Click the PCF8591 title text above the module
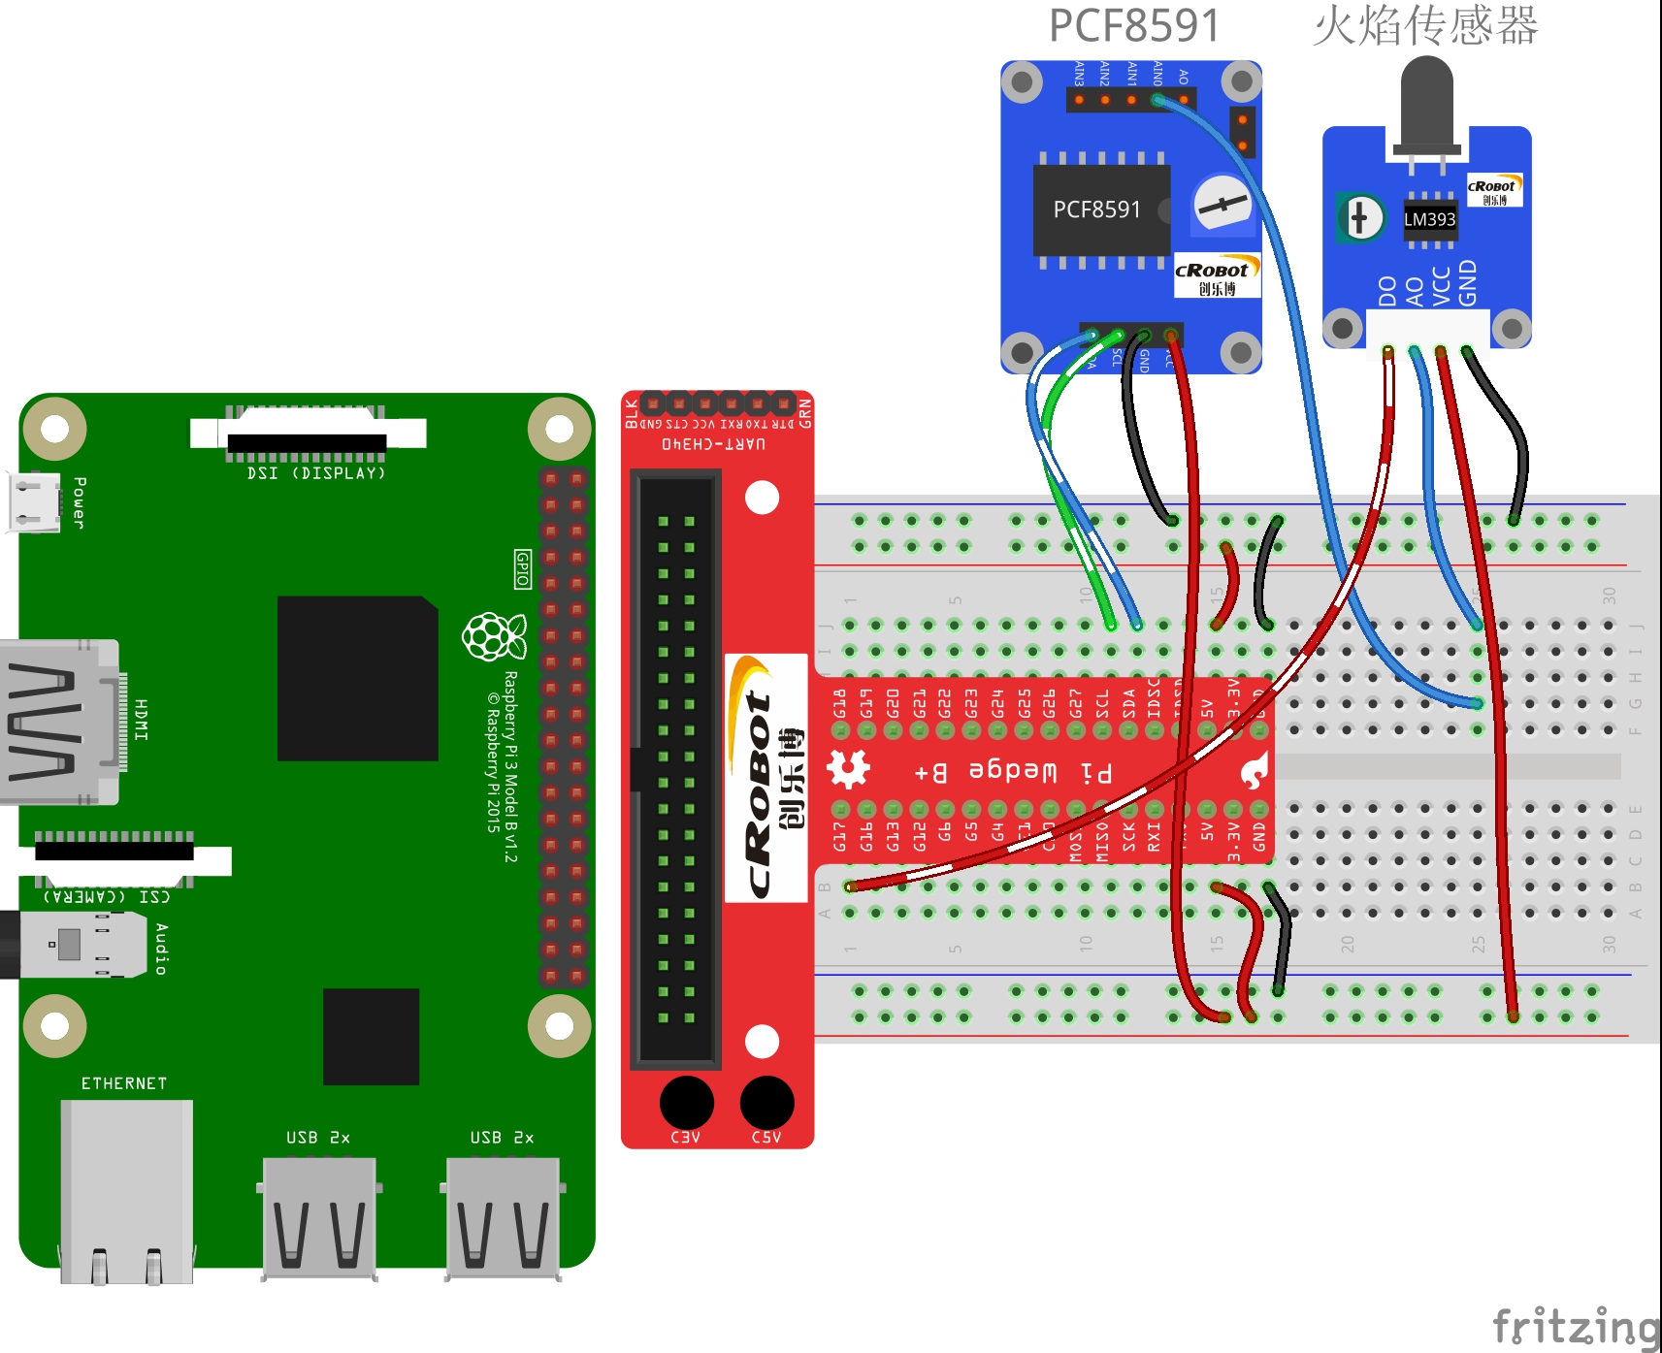[x=1133, y=26]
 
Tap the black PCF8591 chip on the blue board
[x=1100, y=209]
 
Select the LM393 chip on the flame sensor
[x=1429, y=219]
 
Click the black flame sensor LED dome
[x=1426, y=97]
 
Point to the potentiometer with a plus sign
[x=1359, y=217]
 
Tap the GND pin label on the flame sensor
[x=1467, y=282]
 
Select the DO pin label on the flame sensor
[x=1387, y=290]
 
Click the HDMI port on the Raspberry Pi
[x=58, y=722]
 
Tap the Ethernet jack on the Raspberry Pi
[x=126, y=1188]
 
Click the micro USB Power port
[x=33, y=501]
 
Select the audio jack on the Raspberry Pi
[x=68, y=944]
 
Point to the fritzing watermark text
[x=1575, y=1326]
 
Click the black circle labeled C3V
[x=686, y=1103]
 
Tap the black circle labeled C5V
[x=766, y=1103]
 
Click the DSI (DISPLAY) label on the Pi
[x=316, y=473]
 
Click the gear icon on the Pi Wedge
[x=848, y=769]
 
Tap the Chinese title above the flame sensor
[x=1425, y=26]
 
